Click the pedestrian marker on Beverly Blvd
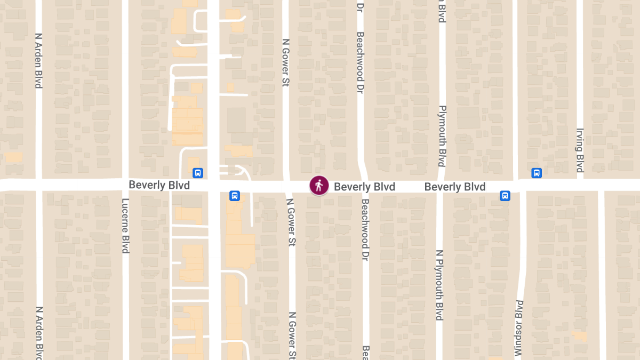319,186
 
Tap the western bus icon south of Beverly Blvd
234,196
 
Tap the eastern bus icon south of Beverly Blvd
505,196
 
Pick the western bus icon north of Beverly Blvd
197,173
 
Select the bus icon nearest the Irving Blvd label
537,173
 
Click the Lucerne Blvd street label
126,226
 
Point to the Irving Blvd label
580,150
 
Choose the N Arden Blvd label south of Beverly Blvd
38,333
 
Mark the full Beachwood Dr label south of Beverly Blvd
365,230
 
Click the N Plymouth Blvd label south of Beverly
439,285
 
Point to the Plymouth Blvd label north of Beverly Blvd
442,135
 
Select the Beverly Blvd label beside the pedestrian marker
364,187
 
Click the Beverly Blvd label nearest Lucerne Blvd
159,185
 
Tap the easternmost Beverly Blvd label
455,187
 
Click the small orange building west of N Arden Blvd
13,157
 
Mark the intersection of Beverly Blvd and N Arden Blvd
38,185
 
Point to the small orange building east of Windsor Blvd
579,336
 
